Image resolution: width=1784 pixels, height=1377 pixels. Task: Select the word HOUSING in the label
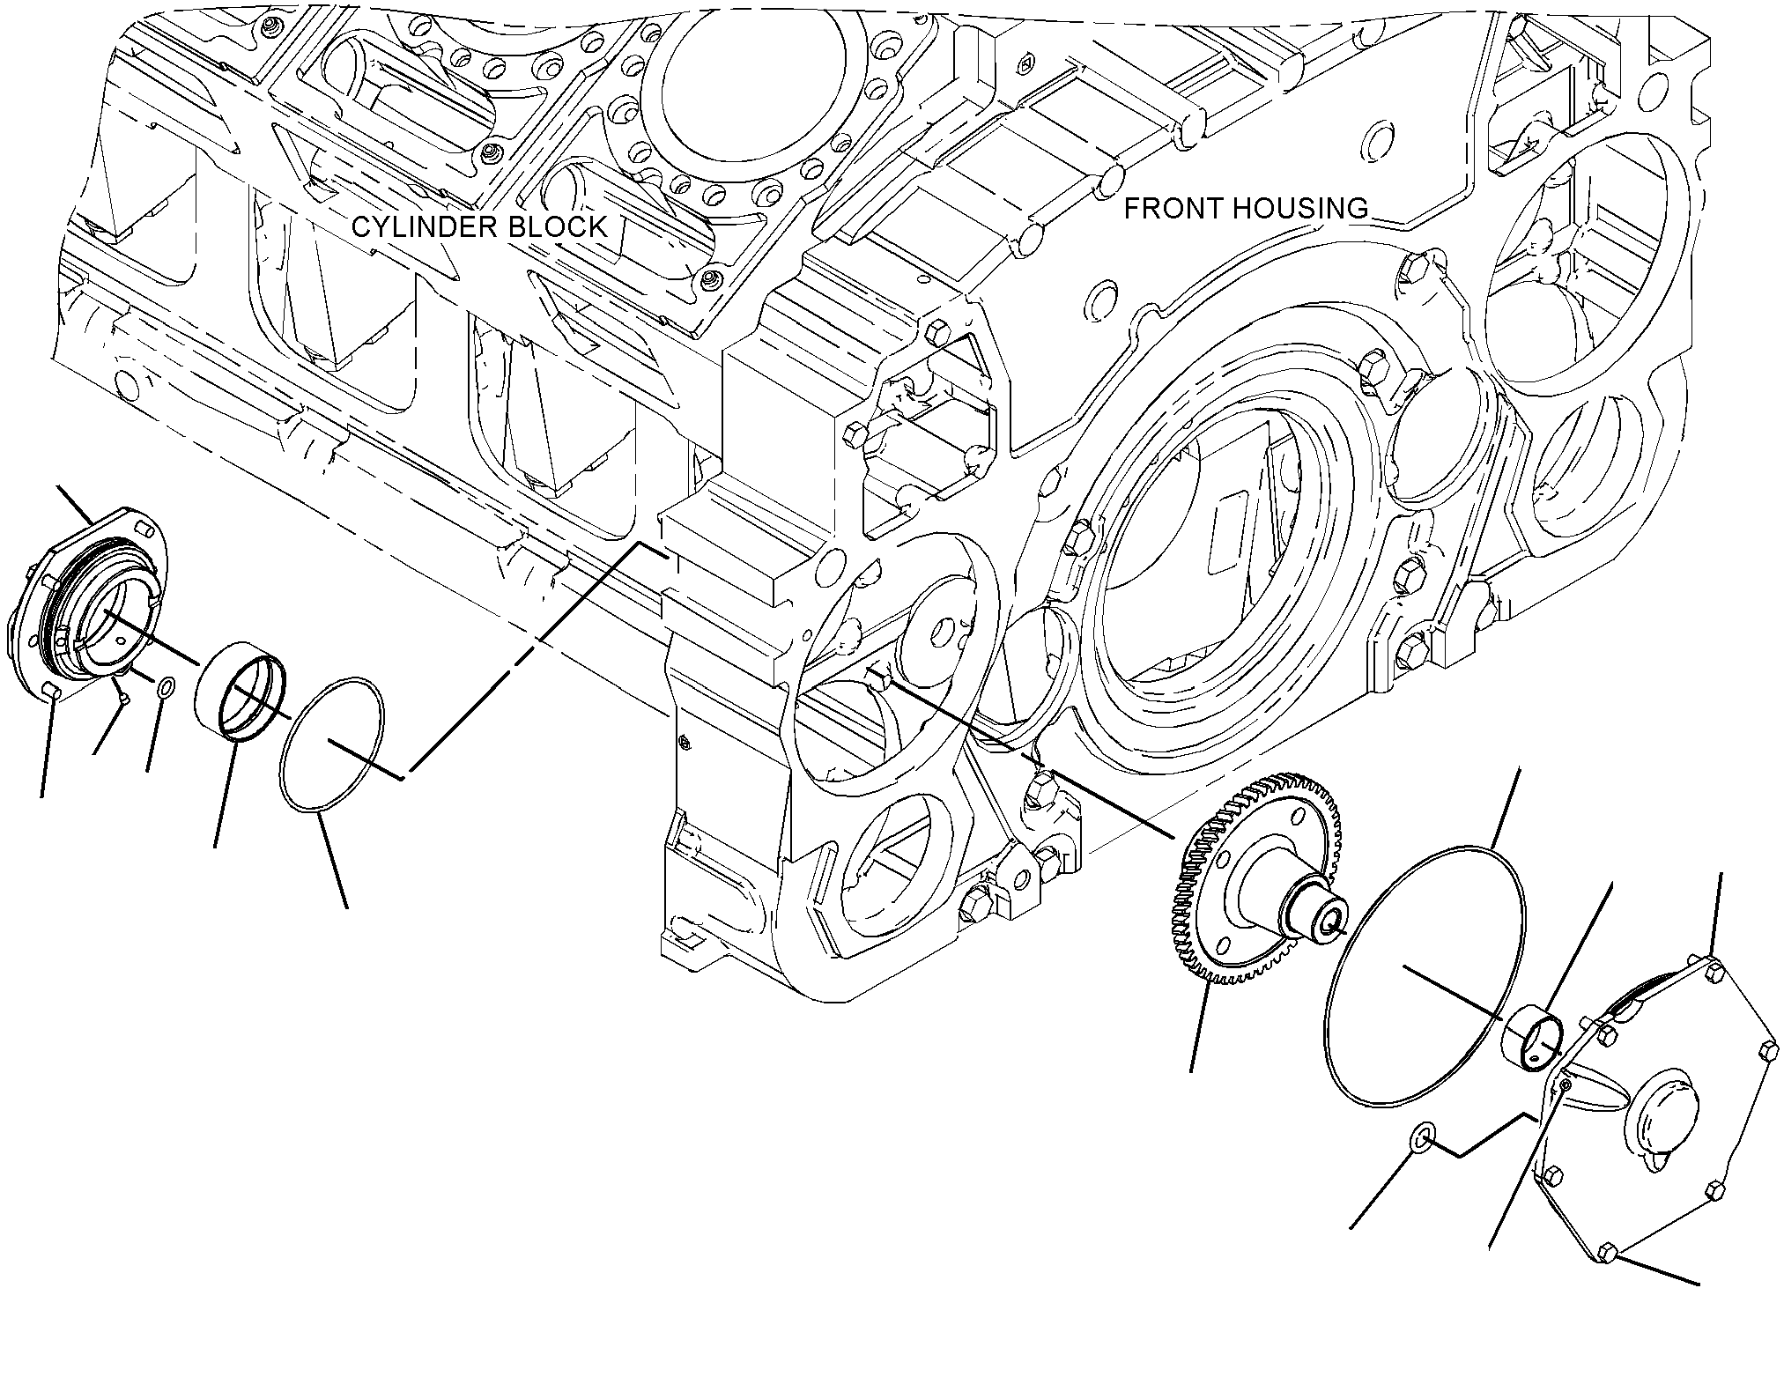tap(1299, 208)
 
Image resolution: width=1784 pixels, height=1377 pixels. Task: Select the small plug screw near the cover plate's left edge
tap(1564, 1086)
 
